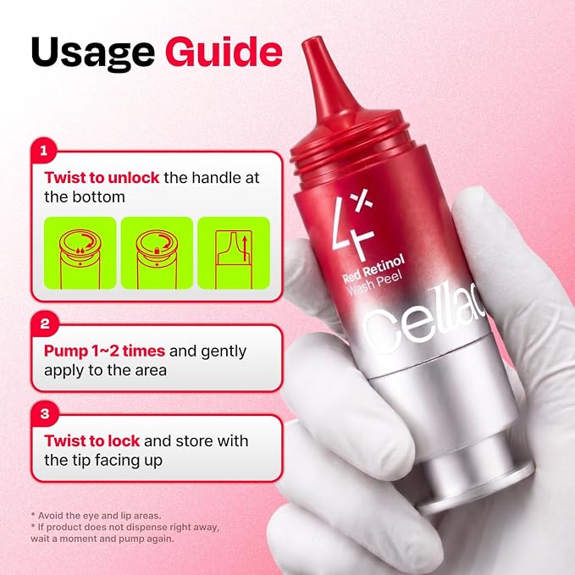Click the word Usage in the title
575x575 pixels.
[93, 53]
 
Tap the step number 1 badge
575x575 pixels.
[44, 151]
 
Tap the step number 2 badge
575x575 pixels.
[45, 323]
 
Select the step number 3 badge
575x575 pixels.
[45, 414]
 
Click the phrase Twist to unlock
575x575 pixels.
[102, 178]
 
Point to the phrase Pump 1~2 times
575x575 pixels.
[104, 351]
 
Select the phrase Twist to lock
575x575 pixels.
[92, 441]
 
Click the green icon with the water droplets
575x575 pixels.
[80, 253]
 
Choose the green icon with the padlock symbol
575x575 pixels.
[157, 253]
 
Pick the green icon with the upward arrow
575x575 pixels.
[234, 253]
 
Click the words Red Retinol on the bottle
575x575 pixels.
[373, 268]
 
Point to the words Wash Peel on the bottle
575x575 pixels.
[374, 284]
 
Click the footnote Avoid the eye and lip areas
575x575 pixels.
[96, 516]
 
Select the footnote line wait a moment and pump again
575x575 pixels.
[102, 539]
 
